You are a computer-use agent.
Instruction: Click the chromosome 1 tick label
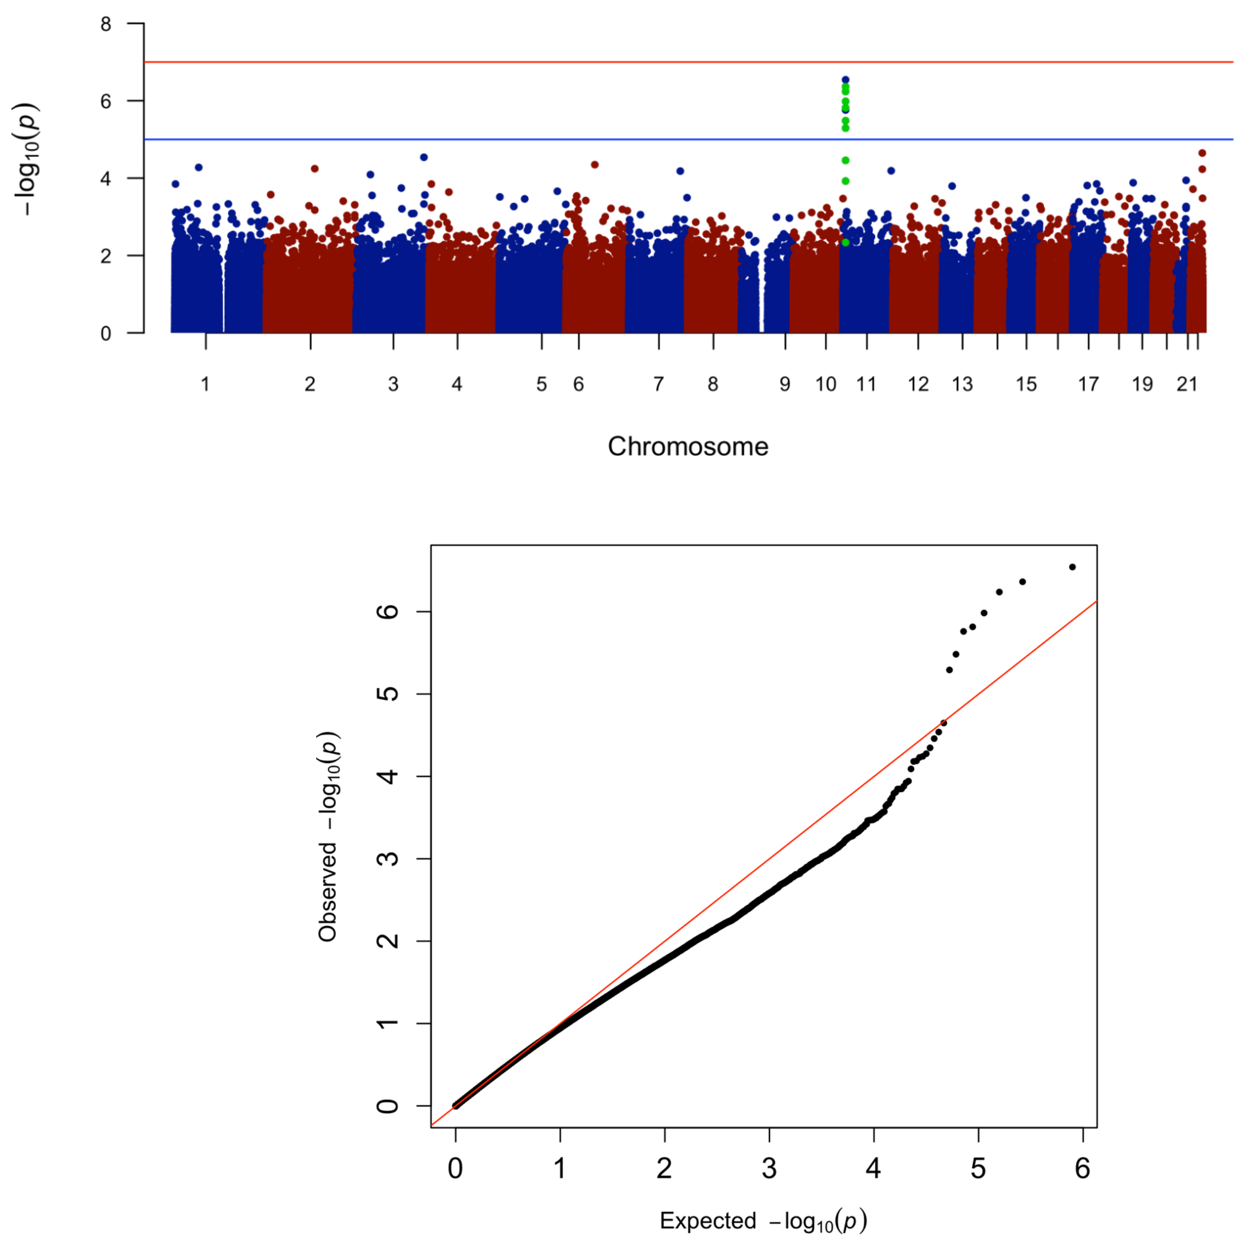(205, 385)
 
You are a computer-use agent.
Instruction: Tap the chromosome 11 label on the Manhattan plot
(866, 385)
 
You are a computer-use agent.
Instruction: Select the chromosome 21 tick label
(1187, 385)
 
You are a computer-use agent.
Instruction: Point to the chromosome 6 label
(578, 385)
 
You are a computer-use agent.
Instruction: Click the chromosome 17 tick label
(1088, 385)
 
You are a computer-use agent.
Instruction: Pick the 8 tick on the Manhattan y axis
(105, 25)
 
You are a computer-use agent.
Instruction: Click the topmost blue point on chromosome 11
(845, 80)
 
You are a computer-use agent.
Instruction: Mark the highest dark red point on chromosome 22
(1202, 153)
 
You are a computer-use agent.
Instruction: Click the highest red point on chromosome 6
(594, 164)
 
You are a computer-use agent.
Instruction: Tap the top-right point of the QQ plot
(1072, 566)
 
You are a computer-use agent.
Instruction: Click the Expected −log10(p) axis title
(763, 1221)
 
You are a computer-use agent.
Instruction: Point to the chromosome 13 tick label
(962, 385)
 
